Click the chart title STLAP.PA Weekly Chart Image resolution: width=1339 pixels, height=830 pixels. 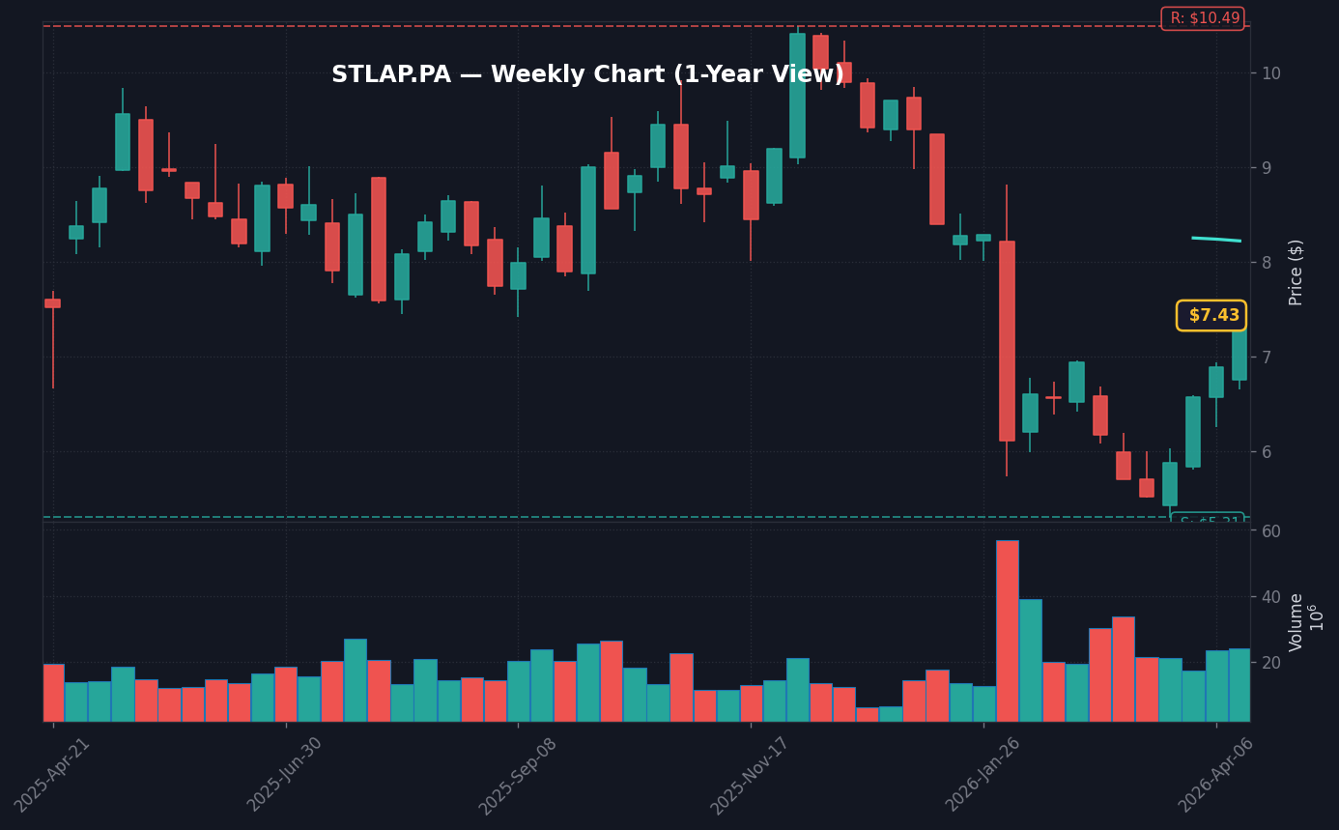click(587, 75)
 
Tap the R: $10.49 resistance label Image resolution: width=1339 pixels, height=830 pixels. click(1203, 18)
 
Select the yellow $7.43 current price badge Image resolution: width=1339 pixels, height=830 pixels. click(1211, 316)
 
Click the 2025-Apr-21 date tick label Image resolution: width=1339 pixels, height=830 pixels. click(53, 774)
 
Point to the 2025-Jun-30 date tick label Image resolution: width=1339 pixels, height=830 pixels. click(285, 774)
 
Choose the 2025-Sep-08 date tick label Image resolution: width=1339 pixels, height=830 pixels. click(518, 774)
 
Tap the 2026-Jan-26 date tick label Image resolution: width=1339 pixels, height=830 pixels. click(983, 774)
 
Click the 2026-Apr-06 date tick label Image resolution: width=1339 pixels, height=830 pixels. click(1215, 774)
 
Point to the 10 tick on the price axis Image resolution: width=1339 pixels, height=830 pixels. click(1271, 73)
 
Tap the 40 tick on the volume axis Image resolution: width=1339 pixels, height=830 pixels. click(1271, 597)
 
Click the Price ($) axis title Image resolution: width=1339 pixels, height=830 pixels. click(1296, 272)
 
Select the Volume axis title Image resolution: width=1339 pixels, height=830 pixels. click(1296, 621)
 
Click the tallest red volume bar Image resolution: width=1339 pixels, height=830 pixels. click(1007, 630)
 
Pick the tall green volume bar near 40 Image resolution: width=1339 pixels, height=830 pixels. click(1030, 660)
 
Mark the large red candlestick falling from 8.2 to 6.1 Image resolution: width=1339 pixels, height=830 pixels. click(1007, 341)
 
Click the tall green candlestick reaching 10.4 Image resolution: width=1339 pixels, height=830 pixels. click(797, 96)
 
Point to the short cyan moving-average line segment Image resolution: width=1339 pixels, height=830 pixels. click(1216, 239)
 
